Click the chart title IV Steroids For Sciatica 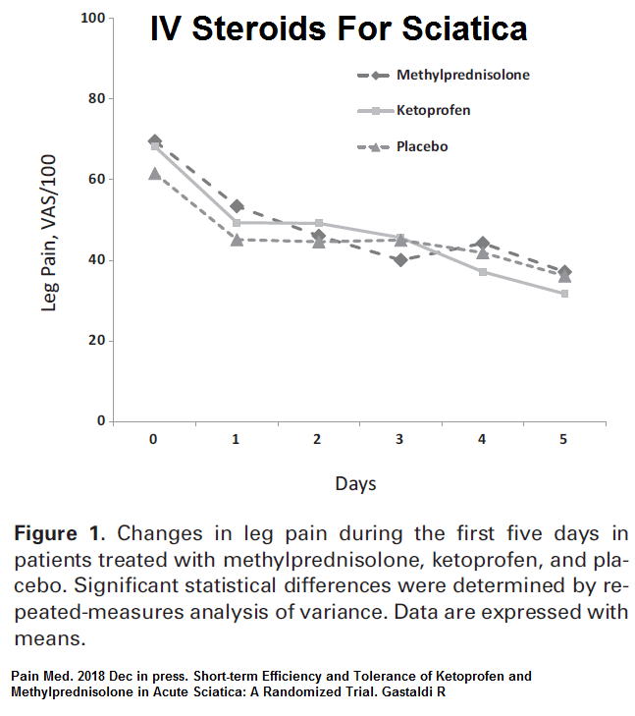click(x=339, y=28)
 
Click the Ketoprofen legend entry click(x=433, y=110)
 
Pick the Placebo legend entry click(x=422, y=146)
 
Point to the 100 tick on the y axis click(x=92, y=19)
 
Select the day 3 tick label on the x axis click(x=399, y=440)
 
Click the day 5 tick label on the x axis click(x=563, y=440)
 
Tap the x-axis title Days click(x=355, y=483)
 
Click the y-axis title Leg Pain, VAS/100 click(x=49, y=233)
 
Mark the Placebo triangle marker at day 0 click(x=154, y=174)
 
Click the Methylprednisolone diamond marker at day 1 click(x=236, y=206)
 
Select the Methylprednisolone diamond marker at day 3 click(x=400, y=260)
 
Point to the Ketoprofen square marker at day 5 click(x=564, y=294)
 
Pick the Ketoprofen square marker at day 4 click(x=482, y=271)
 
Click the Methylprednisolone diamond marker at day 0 click(x=154, y=141)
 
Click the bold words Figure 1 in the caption click(x=58, y=535)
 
